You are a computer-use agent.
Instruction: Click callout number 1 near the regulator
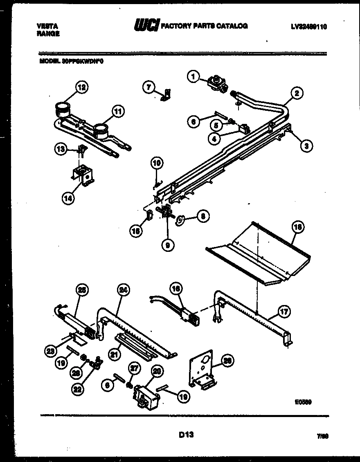tap(193, 75)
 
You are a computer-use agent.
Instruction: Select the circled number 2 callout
tap(297, 93)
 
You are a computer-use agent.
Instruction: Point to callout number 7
tap(148, 86)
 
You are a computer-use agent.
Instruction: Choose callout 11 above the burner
tap(119, 111)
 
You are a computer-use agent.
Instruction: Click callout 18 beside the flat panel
tap(298, 227)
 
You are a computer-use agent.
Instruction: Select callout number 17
tap(284, 312)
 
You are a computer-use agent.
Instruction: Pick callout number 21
tap(115, 354)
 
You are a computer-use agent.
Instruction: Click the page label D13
tap(186, 435)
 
